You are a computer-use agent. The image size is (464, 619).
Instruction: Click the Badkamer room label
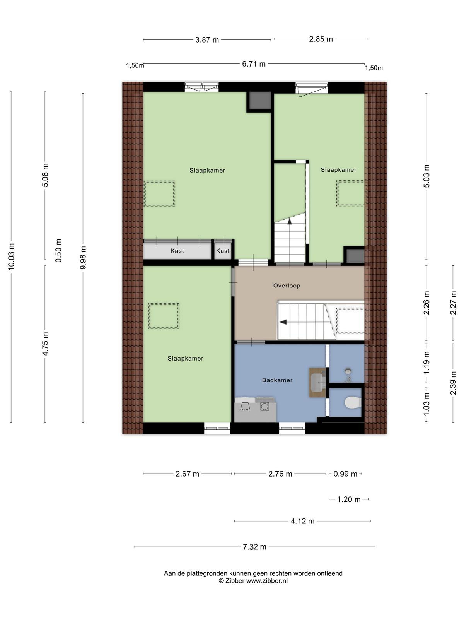[x=277, y=380]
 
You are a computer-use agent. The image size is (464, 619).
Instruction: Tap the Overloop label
[x=287, y=286]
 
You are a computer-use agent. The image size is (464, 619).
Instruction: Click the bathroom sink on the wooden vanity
[x=319, y=382]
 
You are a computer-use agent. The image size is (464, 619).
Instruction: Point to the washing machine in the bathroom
[x=264, y=406]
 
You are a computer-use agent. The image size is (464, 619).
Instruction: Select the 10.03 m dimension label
[x=11, y=256]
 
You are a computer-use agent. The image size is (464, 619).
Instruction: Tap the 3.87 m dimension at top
[x=207, y=40]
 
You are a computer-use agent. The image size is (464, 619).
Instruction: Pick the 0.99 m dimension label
[x=345, y=474]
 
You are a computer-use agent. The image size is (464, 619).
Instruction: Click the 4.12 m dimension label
[x=303, y=521]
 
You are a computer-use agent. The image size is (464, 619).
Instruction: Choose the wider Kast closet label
[x=177, y=251]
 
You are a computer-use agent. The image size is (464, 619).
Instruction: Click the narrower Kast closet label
[x=223, y=251]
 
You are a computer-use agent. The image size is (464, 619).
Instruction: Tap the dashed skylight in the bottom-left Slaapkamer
[x=164, y=316]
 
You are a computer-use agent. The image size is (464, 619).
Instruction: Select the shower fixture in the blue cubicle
[x=348, y=374]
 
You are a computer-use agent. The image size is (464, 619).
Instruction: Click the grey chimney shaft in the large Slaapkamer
[x=259, y=101]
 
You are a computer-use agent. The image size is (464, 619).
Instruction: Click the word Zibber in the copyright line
[x=235, y=581]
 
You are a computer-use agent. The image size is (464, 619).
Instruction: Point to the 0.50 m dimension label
[x=58, y=251]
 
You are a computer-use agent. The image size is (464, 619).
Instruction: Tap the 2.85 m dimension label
[x=321, y=39]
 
